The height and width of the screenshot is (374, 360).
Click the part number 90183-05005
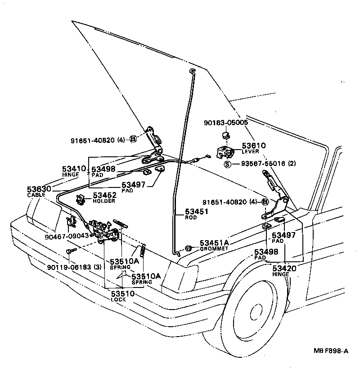226,122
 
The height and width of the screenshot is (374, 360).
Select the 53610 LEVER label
254,148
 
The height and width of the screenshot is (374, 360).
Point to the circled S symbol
228,164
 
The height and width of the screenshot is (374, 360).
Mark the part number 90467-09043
67,236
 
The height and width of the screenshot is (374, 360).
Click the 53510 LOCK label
122,296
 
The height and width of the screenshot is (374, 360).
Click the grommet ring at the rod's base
189,248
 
